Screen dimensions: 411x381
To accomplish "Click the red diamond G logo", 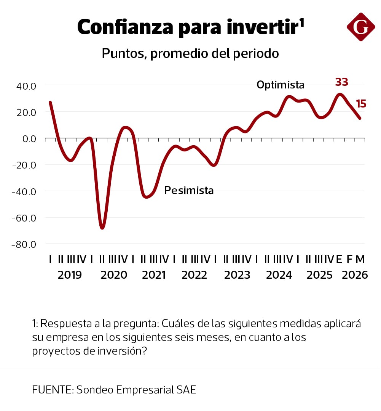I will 361,27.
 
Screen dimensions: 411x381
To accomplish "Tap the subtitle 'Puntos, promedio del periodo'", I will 190,53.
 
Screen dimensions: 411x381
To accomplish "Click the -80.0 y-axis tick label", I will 24,244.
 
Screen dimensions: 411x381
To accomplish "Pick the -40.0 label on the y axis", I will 24,191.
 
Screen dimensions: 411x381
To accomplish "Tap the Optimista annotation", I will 281,85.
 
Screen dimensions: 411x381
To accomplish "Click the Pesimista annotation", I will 189,190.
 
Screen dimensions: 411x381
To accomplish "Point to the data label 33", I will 341,82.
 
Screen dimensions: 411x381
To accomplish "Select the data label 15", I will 361,104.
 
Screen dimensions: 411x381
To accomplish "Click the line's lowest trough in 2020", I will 102,228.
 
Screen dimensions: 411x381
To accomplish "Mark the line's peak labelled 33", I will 340,94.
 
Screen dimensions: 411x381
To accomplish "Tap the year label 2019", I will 70,275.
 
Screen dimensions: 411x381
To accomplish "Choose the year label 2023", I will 237,275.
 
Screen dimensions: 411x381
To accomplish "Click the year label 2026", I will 355,275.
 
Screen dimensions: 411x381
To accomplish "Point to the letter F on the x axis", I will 350,260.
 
